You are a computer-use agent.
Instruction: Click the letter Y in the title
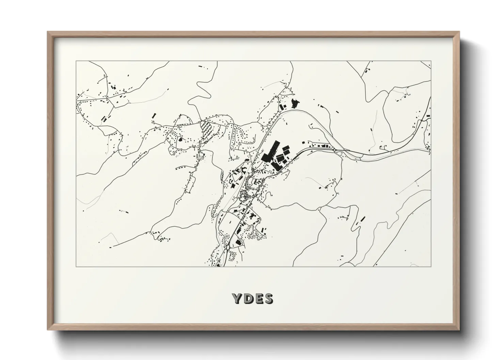tap(237, 299)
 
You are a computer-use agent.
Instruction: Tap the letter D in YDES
tap(248, 299)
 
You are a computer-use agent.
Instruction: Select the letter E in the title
tap(258, 299)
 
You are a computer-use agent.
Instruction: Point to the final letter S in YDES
tap(269, 299)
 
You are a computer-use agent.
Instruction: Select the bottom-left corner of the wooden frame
tap(48, 330)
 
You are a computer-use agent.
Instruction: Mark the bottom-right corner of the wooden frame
tap(459, 330)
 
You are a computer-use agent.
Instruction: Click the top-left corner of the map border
tap(76, 61)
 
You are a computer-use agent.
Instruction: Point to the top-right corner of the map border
tap(431, 61)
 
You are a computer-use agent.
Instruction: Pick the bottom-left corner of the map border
tap(76, 266)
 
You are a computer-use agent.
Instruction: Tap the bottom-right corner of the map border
tap(431, 266)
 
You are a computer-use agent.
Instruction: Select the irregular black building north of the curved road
tap(295, 102)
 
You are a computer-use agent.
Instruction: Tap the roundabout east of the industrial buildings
tap(335, 150)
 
